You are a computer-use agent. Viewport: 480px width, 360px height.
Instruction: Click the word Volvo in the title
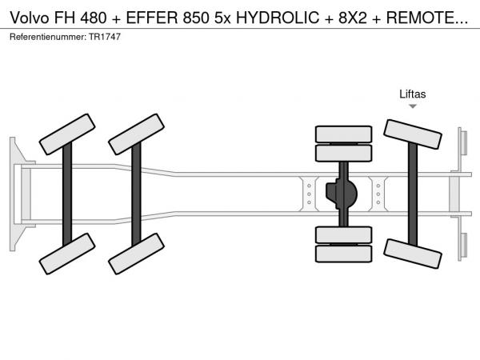tap(30, 18)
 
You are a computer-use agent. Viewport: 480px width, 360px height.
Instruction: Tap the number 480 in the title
tap(94, 18)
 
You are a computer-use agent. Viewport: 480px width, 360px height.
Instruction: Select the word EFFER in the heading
tap(152, 18)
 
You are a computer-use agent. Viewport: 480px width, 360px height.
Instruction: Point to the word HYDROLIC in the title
tap(278, 18)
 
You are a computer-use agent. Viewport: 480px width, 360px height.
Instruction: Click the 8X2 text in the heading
tap(352, 18)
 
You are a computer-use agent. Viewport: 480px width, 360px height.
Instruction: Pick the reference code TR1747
tap(105, 37)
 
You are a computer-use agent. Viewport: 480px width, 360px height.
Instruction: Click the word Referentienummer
tap(48, 37)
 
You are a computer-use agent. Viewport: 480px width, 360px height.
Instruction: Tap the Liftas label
tap(412, 94)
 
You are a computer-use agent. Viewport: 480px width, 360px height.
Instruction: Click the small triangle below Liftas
tap(413, 106)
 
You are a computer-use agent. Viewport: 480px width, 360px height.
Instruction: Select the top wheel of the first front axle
tap(67, 134)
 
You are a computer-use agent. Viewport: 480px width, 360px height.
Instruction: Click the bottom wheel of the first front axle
tap(67, 254)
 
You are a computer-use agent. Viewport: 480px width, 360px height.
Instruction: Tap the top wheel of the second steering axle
tap(136, 134)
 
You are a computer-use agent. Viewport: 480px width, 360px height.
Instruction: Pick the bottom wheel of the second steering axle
tap(136, 254)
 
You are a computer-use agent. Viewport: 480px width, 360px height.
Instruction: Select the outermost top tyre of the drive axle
tap(343, 134)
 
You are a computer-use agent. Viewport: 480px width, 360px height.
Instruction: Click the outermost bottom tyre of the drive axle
tap(343, 254)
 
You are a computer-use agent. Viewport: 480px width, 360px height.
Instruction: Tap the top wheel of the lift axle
tap(413, 134)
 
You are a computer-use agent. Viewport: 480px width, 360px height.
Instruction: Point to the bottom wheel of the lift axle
tap(413, 254)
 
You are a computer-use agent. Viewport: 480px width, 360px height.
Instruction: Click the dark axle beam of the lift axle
tap(413, 194)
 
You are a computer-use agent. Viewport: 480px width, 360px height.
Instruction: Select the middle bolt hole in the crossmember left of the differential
tap(309, 194)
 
